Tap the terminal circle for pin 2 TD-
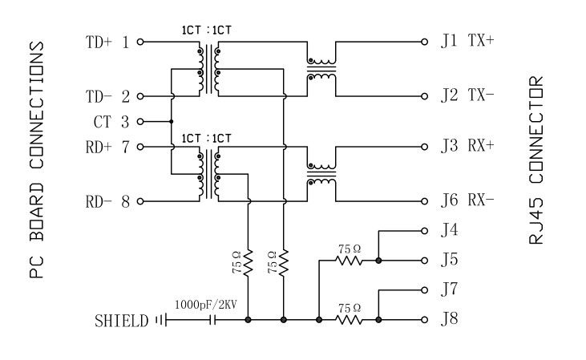click(x=140, y=97)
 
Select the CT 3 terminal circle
click(x=140, y=122)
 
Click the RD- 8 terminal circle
click(x=140, y=201)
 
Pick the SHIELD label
click(x=121, y=322)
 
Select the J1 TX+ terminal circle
click(x=424, y=41)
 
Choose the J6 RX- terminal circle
click(x=424, y=201)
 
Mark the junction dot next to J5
click(x=378, y=261)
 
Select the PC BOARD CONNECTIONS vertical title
click(x=36, y=160)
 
